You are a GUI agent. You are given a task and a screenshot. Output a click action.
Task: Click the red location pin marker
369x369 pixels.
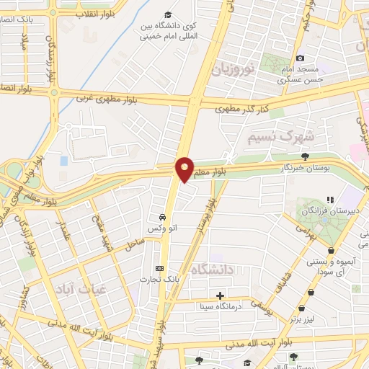point(185,169)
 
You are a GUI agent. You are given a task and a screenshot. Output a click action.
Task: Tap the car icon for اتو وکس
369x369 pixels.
point(163,217)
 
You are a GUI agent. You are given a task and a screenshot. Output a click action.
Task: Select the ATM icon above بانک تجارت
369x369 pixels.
point(160,269)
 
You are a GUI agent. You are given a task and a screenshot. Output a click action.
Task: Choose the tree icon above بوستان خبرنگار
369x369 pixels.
point(306,156)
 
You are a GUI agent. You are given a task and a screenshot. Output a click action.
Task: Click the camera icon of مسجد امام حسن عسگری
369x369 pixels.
point(300,58)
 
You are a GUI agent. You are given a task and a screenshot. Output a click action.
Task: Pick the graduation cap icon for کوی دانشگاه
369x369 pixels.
point(168,15)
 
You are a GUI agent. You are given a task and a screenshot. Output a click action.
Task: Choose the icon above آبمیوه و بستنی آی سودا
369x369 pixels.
point(330,252)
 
